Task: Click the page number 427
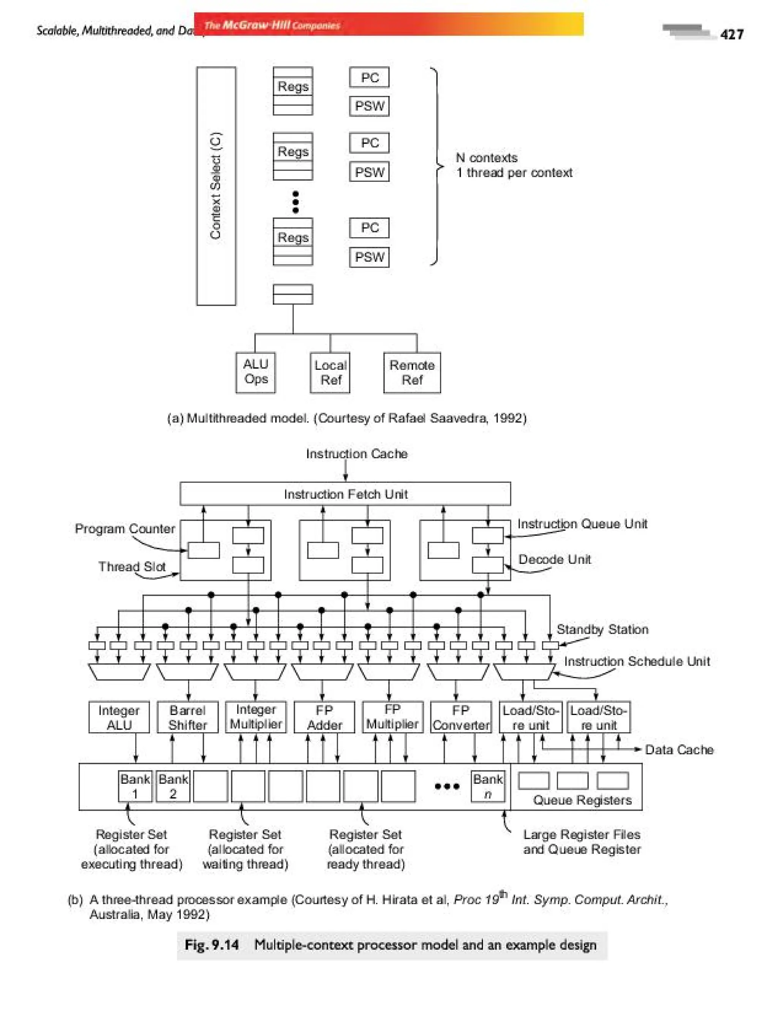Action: click(x=732, y=35)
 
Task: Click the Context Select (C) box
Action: click(x=216, y=186)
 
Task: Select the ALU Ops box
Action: click(x=256, y=372)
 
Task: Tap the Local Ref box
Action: click(x=330, y=372)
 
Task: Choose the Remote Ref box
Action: click(x=412, y=372)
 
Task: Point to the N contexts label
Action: click(x=487, y=158)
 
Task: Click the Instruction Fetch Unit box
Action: click(x=345, y=494)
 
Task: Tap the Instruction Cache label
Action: click(x=357, y=454)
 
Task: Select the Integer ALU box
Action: click(x=119, y=718)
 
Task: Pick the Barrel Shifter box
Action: click(x=188, y=718)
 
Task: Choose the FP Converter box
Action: click(x=461, y=718)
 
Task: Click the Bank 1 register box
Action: click(x=135, y=786)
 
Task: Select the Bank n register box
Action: click(x=488, y=786)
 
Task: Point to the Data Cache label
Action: click(x=679, y=750)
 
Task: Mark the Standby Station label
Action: click(x=602, y=629)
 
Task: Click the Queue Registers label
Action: click(x=582, y=800)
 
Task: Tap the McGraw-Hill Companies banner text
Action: click(x=272, y=25)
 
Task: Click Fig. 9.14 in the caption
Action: click(x=212, y=945)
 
